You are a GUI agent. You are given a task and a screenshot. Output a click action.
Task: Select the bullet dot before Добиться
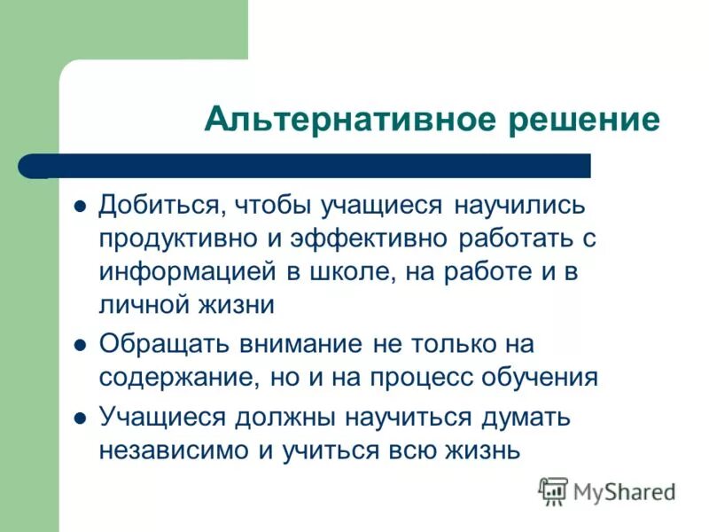80,207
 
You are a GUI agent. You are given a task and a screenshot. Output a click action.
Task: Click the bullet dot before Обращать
80,344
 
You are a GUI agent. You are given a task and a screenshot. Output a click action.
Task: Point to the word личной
137,305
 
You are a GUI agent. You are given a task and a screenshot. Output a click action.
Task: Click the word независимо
175,450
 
